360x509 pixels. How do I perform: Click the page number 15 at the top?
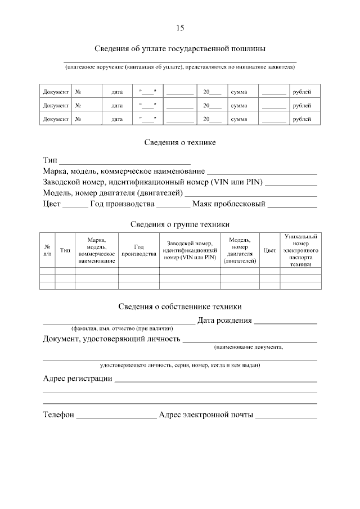(x=180, y=28)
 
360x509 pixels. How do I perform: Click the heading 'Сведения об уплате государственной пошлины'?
(x=179, y=48)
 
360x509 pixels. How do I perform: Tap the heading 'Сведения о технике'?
(x=180, y=142)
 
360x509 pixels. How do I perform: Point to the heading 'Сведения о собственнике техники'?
(x=180, y=307)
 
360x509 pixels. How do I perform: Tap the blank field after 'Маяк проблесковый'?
(x=292, y=204)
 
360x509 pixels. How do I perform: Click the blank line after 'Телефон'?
(x=116, y=416)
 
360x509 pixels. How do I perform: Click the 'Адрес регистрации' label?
(x=78, y=379)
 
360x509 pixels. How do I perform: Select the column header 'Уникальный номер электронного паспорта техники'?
(x=301, y=250)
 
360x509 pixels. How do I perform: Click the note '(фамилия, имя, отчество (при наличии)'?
(x=121, y=328)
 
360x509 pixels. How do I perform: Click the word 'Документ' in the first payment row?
(x=56, y=92)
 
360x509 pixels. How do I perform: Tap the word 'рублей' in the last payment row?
(x=302, y=119)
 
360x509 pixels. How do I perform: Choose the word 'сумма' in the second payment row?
(x=239, y=105)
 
